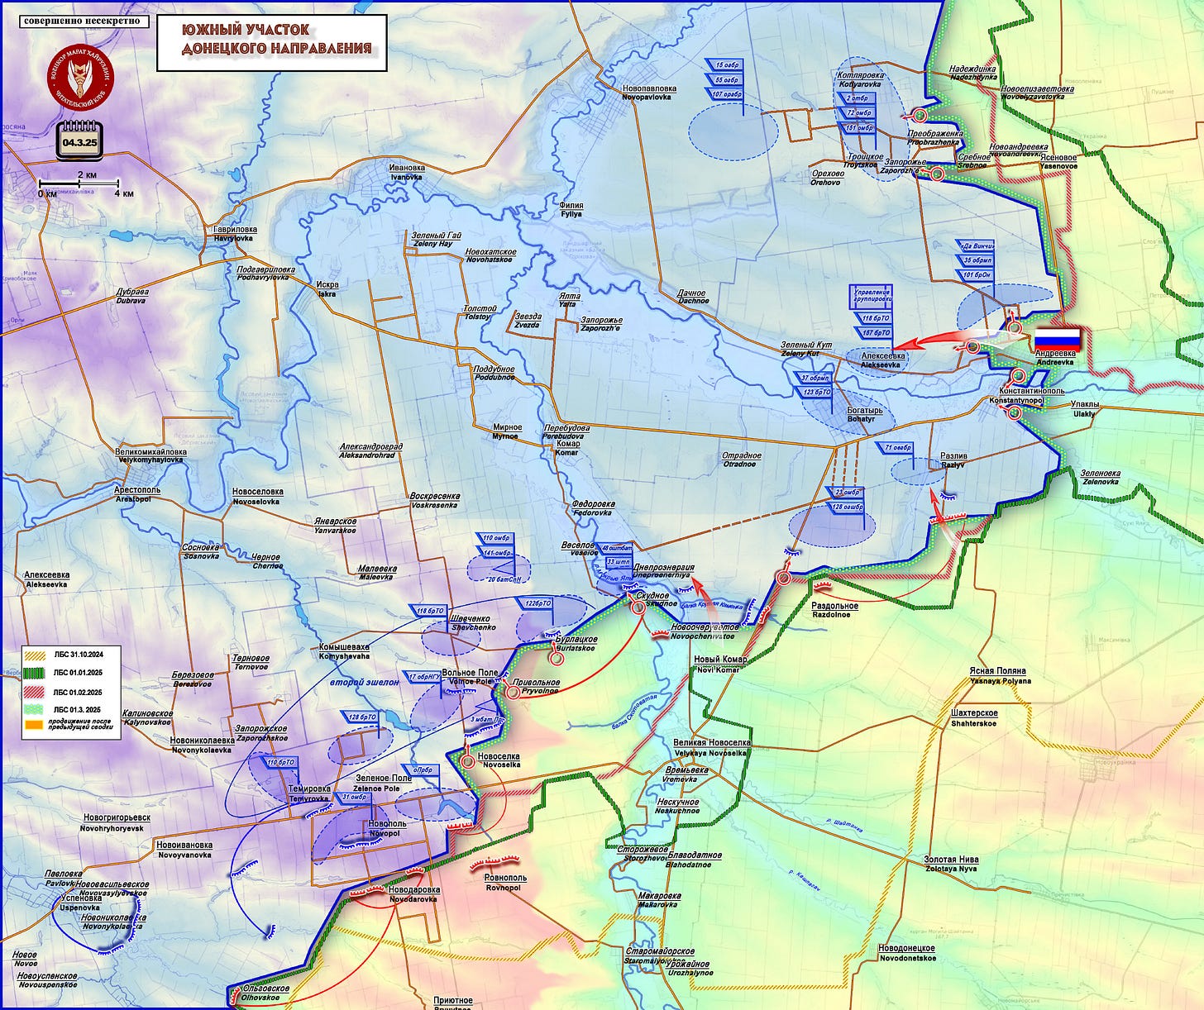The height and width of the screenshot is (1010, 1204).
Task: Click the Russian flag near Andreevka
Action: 1058,338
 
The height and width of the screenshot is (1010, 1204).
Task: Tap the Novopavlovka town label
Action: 649,92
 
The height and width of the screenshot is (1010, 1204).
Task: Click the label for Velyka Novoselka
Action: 709,747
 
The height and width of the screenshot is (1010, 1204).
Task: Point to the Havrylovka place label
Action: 235,233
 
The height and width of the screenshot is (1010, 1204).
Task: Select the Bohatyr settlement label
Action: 864,414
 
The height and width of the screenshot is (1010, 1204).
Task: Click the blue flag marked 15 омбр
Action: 727,65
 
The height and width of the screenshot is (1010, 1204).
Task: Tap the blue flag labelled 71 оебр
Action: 898,447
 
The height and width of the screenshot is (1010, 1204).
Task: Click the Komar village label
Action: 567,448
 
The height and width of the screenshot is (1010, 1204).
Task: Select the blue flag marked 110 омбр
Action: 497,539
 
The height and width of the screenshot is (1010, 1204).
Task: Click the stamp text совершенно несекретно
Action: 81,20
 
